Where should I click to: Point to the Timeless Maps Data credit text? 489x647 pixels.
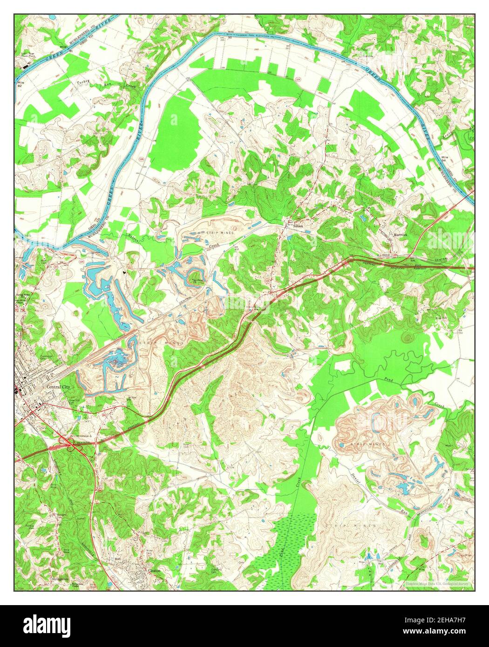coord(436,583)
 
